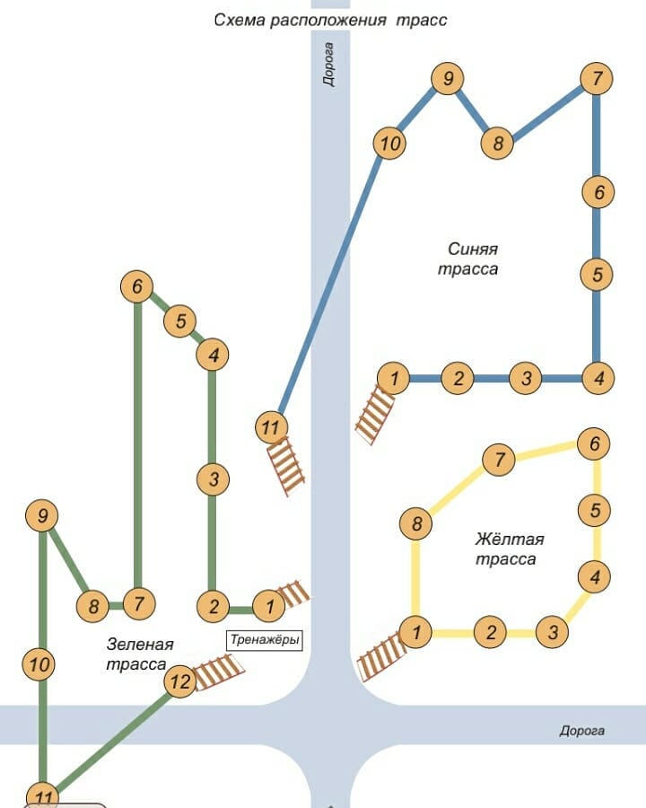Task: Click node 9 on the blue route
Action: point(446,79)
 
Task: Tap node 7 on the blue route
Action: point(596,79)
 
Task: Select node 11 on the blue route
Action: point(270,427)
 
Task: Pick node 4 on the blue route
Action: point(598,378)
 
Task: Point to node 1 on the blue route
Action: point(393,378)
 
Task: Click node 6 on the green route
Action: point(137,287)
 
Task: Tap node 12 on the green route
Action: point(180,682)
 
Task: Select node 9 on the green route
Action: point(42,516)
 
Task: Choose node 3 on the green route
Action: point(213,479)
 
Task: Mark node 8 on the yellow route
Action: point(416,523)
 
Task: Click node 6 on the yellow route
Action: point(593,444)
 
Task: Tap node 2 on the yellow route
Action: point(490,632)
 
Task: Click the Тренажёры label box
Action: point(264,640)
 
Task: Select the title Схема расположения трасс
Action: point(330,19)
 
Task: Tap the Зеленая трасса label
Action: point(138,654)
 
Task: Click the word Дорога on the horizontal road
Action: point(582,731)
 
